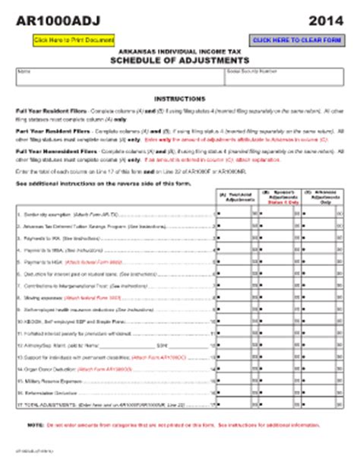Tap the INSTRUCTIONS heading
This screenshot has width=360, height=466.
point(179,99)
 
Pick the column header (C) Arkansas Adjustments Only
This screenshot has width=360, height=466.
point(323,196)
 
